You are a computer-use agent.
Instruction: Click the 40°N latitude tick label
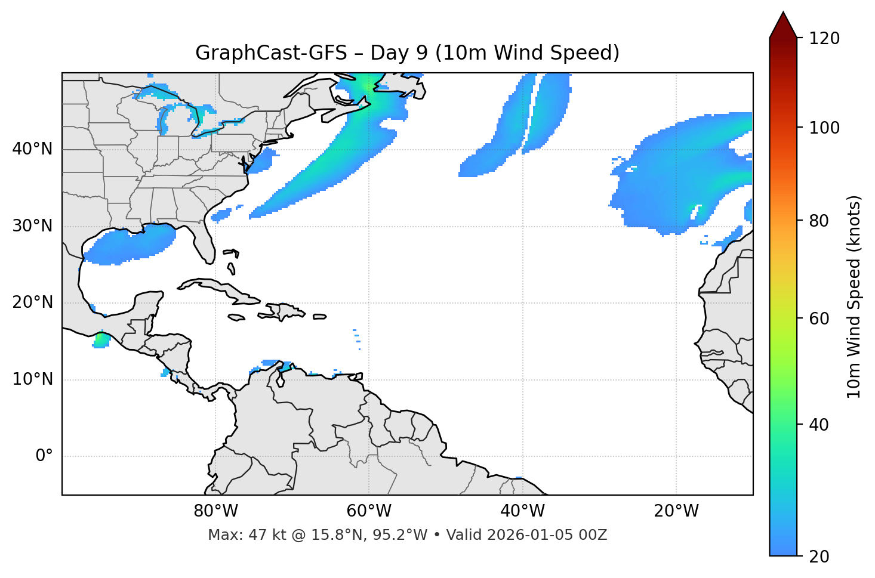(33, 149)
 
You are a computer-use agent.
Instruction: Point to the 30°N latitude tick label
(33, 226)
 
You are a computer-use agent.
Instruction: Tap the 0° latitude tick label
(44, 456)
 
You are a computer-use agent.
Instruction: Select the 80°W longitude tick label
(215, 511)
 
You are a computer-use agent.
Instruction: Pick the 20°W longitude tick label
(676, 511)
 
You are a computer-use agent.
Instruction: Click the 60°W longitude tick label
(369, 511)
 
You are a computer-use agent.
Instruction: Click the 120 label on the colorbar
(824, 39)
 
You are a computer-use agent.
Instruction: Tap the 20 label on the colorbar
(819, 557)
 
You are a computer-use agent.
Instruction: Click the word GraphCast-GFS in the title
(271, 53)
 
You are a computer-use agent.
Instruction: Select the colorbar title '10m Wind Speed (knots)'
(854, 297)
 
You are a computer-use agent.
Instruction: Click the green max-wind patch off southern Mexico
(101, 341)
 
